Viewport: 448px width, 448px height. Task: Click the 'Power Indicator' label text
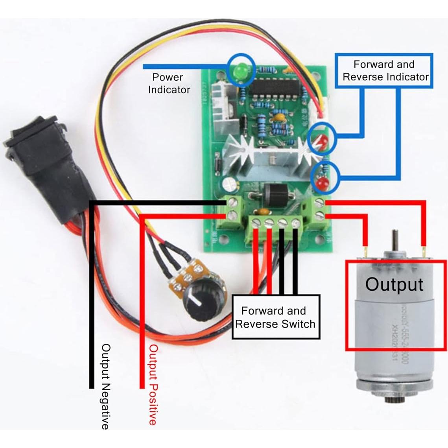[x=169, y=83]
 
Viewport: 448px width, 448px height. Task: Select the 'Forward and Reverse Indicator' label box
[x=385, y=70]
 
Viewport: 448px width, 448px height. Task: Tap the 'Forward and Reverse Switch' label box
[x=275, y=317]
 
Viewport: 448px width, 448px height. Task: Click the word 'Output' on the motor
[x=394, y=284]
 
